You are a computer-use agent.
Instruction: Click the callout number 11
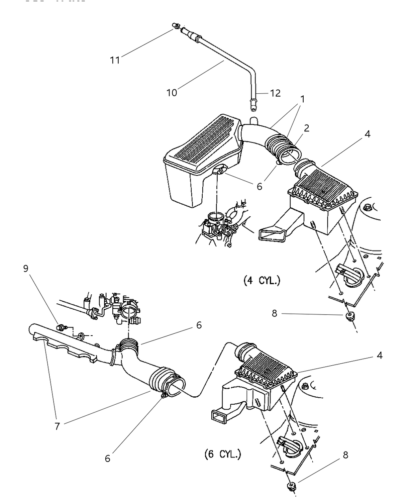coord(115,59)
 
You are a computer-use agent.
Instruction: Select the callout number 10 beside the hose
coord(172,93)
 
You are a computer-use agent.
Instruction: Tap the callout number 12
coord(275,93)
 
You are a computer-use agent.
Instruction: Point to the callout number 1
coord(302,99)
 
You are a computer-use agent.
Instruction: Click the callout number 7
coord(58,426)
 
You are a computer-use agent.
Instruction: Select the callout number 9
coord(26,268)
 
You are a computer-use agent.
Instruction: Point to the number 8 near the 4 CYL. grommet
coord(274,314)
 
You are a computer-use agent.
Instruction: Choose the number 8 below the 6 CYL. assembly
coord(345,455)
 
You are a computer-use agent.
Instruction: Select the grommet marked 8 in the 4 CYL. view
coord(349,316)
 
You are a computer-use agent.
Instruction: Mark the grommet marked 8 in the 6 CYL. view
coord(291,485)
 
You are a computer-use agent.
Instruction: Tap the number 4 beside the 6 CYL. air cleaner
coord(379,355)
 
